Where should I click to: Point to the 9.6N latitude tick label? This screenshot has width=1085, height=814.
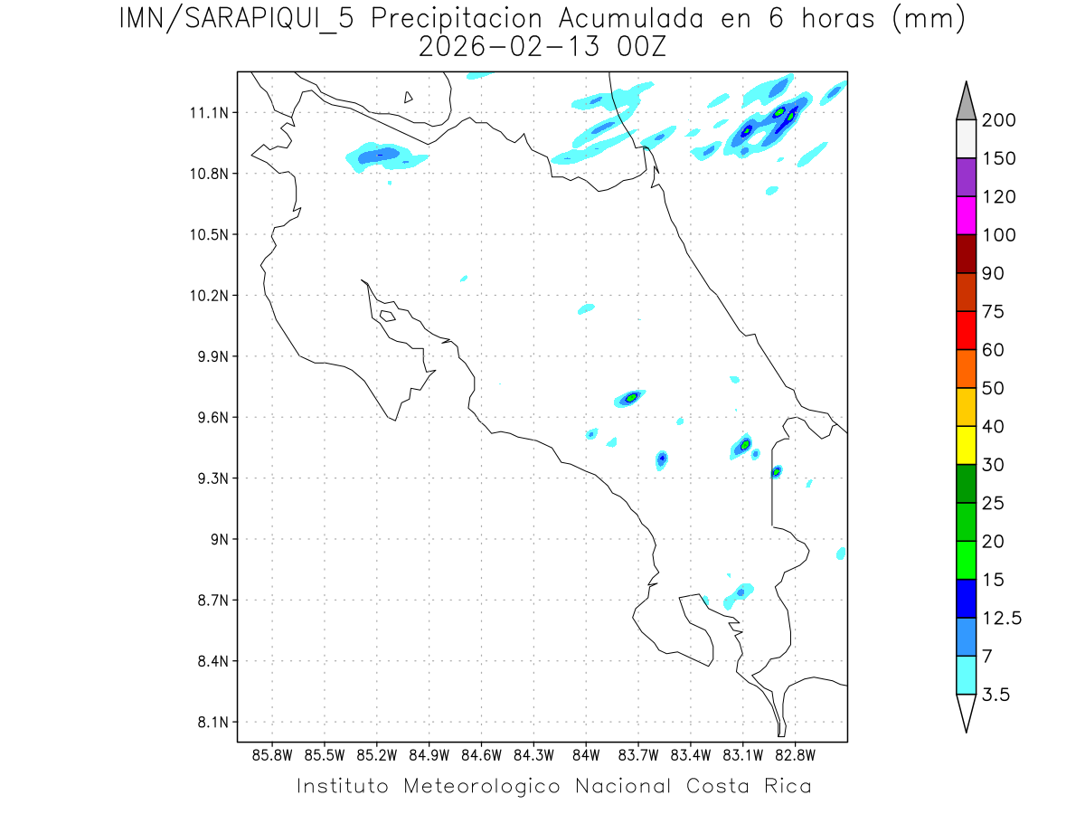point(211,418)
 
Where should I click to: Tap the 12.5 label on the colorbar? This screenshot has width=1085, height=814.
point(1002,618)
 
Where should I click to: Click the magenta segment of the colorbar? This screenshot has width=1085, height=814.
point(966,216)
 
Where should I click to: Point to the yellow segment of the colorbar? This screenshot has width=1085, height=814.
point(966,445)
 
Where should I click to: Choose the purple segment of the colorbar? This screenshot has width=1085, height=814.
point(966,177)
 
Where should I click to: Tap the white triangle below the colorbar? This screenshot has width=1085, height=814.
point(966,712)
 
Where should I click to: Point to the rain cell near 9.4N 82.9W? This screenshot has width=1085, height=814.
point(776,471)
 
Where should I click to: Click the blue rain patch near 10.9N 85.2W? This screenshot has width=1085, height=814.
point(380,156)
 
